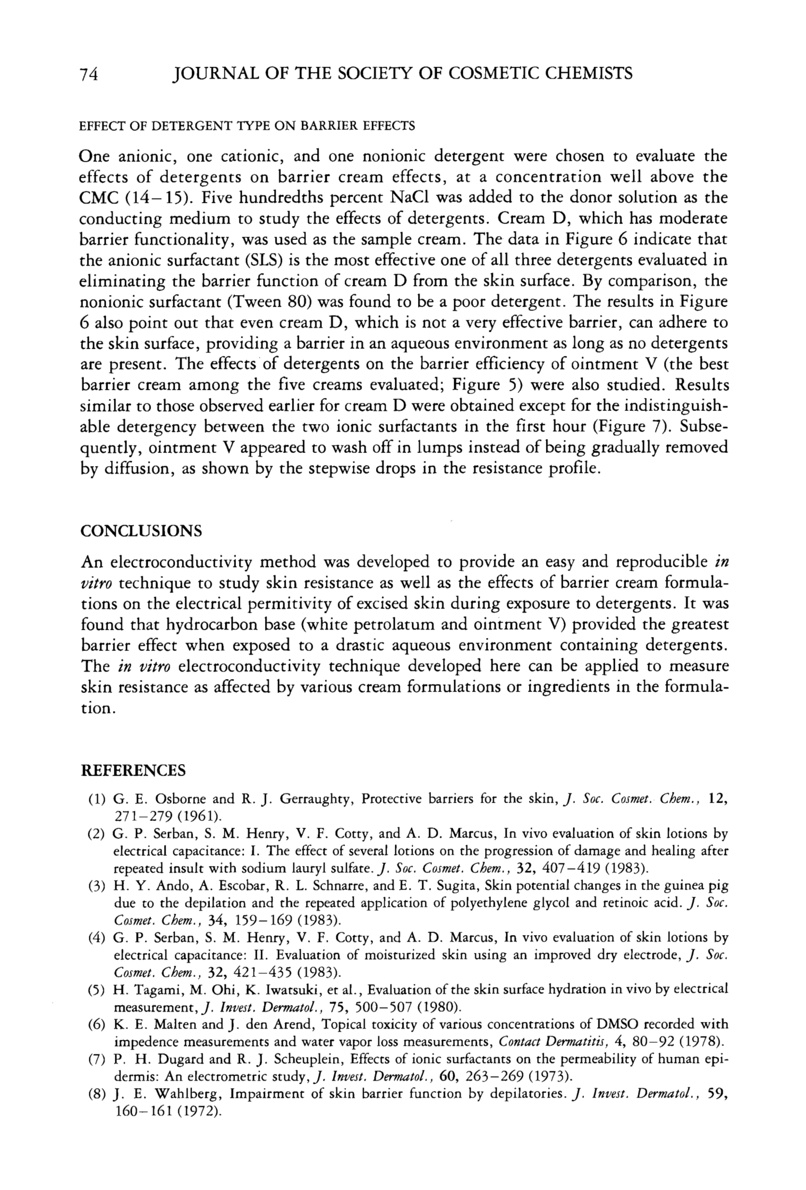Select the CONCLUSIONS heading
[141, 530]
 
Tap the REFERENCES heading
[133, 771]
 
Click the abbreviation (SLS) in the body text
[260, 260]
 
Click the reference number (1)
[96, 799]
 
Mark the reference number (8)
[96, 1094]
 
